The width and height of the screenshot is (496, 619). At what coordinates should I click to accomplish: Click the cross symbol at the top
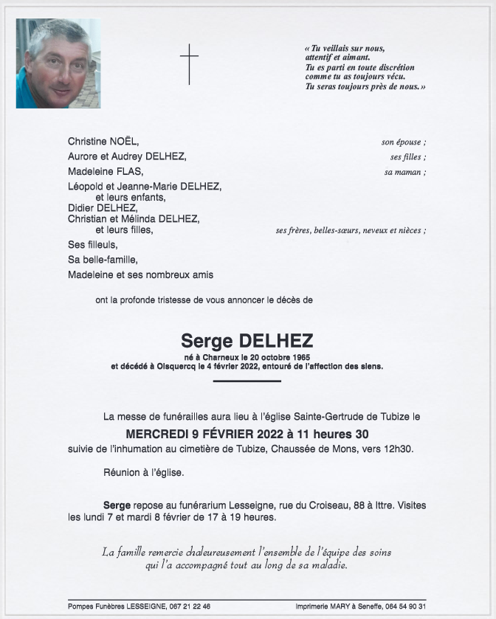tap(190, 63)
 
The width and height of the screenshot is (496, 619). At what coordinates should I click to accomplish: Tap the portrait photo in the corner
tap(58, 63)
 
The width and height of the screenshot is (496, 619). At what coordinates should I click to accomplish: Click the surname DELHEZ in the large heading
tap(276, 341)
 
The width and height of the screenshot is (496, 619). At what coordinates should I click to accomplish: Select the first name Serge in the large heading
tap(207, 341)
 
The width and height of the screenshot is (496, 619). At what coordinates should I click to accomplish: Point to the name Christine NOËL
tap(103, 142)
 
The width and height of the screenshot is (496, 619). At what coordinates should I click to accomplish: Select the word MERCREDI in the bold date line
tap(162, 434)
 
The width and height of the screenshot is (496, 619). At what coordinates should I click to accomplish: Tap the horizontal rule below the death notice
tap(247, 381)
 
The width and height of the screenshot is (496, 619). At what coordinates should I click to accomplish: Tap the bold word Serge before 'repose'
tap(117, 505)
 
